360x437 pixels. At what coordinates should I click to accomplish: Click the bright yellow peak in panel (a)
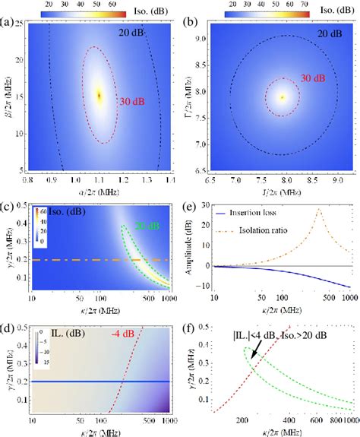[99, 95]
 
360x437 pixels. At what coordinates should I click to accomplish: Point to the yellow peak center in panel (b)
[282, 97]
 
